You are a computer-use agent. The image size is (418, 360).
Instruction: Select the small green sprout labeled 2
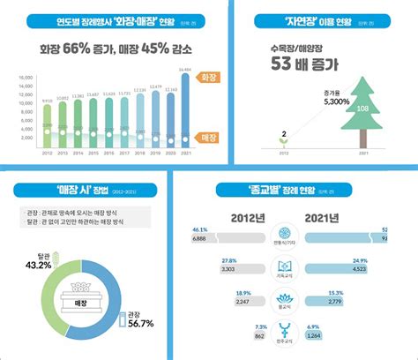(x=283, y=144)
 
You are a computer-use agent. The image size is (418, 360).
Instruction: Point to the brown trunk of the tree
(x=363, y=139)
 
